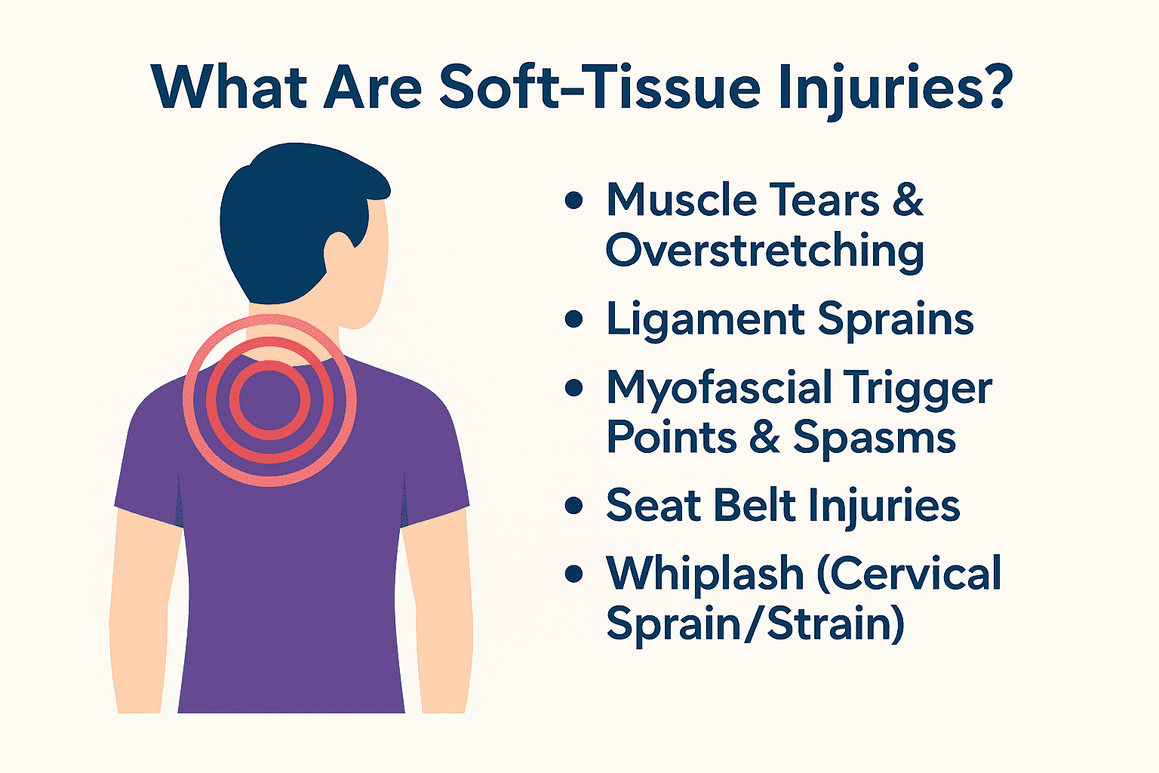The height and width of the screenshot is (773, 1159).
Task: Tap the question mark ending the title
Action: (987, 87)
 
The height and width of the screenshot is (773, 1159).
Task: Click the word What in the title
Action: (227, 87)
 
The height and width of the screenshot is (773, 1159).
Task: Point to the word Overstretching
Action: (764, 251)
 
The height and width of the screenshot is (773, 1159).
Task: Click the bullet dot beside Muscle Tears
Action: (574, 201)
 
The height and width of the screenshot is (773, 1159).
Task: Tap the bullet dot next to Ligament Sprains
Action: (574, 319)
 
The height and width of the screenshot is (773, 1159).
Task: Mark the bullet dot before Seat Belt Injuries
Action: (574, 505)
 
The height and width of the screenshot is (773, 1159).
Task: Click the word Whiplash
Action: (705, 574)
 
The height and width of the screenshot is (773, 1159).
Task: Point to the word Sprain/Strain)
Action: (755, 625)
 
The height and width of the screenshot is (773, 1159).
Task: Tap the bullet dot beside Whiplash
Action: (574, 574)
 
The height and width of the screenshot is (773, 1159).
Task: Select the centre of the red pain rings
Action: (269, 400)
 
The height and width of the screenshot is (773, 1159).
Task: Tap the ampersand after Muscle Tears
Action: (908, 201)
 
